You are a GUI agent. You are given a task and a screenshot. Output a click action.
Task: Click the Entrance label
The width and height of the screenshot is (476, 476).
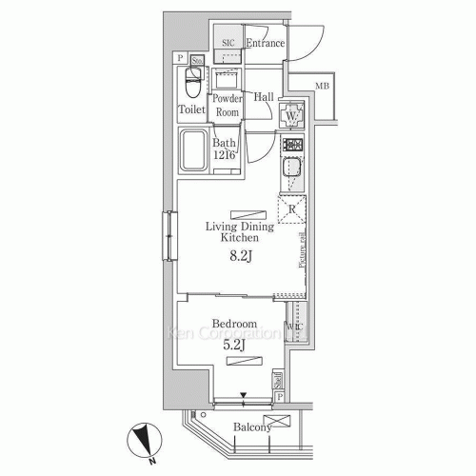[265, 44]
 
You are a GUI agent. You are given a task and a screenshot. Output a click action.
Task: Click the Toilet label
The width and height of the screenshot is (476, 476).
[191, 109]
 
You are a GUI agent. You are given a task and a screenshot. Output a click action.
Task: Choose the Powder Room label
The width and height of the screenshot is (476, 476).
[227, 106]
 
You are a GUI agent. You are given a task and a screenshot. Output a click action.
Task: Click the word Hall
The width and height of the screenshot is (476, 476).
[264, 97]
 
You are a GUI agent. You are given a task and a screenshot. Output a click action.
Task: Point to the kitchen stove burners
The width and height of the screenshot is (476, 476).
[291, 147]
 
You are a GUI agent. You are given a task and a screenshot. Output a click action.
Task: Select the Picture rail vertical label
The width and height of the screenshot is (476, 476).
[302, 249]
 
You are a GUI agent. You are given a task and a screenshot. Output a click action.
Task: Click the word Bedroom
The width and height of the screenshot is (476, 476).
[233, 325]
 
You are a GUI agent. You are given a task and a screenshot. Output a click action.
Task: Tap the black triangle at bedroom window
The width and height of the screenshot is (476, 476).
[243, 394]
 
